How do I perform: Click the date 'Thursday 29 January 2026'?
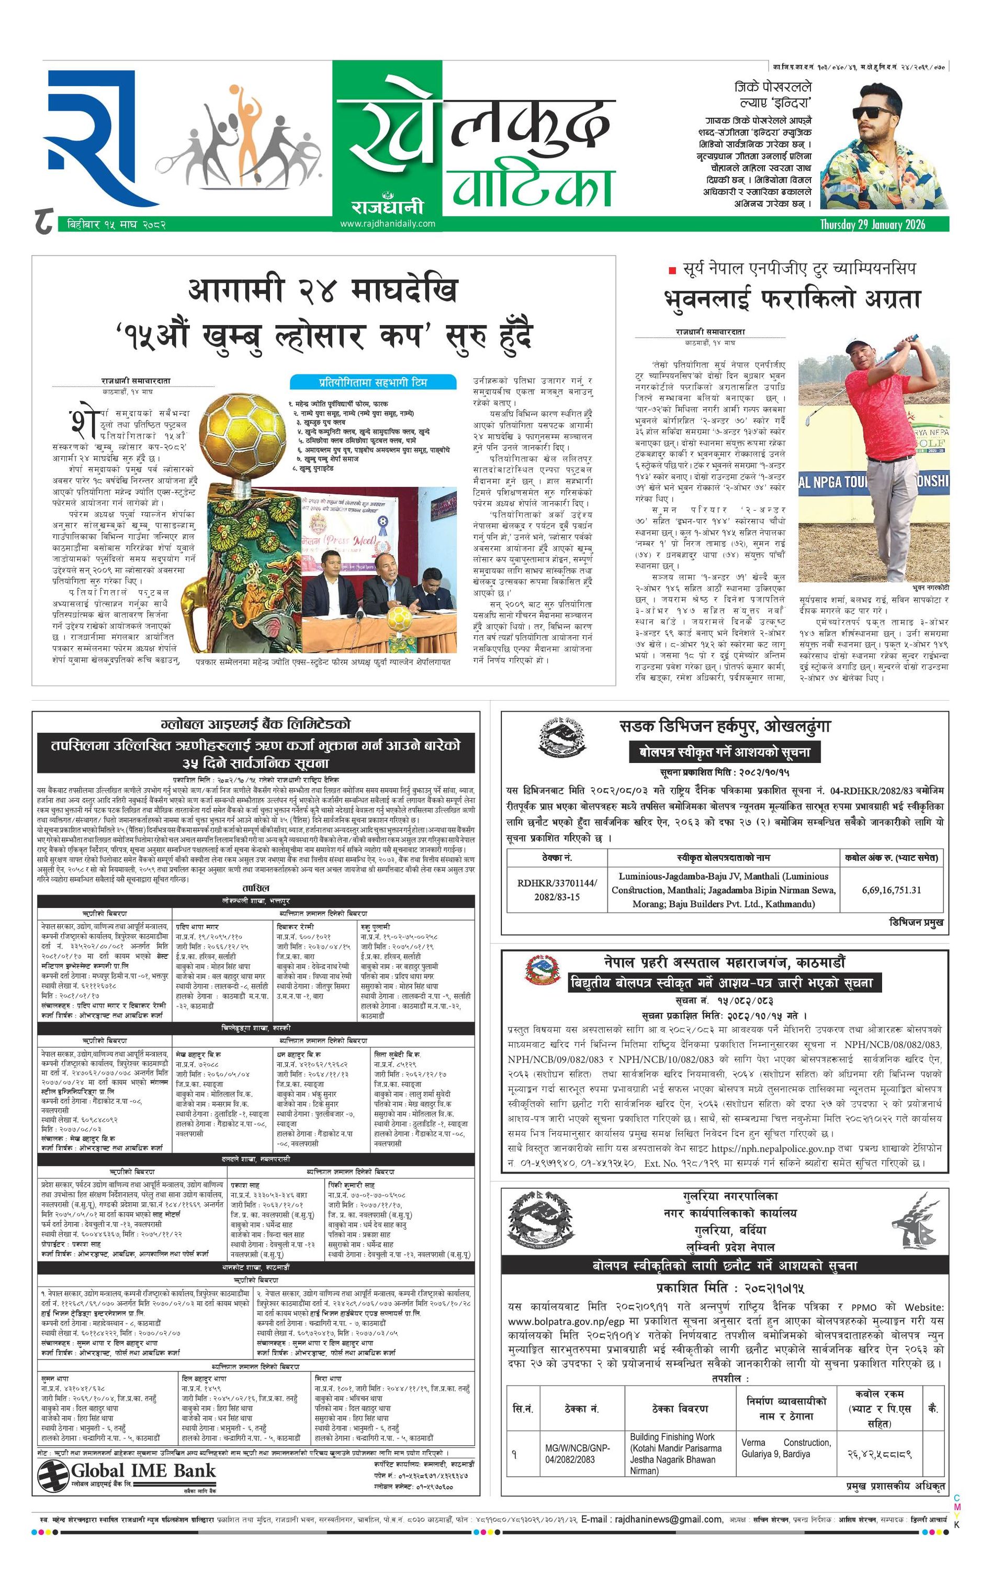pyautogui.click(x=873, y=225)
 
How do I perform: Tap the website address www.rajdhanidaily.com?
pyautogui.click(x=387, y=223)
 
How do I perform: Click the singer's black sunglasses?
pyautogui.click(x=871, y=113)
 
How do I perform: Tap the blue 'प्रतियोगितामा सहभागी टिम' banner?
pyautogui.click(x=373, y=382)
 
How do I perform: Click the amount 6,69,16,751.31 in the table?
pyautogui.click(x=891, y=890)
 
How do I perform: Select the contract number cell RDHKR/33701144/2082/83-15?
pyautogui.click(x=557, y=890)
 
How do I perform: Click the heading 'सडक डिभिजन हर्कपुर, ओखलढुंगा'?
pyautogui.click(x=725, y=726)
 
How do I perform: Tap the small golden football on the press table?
pyautogui.click(x=397, y=617)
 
